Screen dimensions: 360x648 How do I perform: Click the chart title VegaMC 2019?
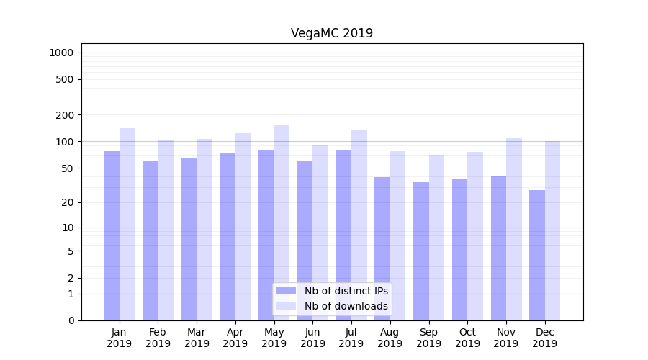(x=332, y=33)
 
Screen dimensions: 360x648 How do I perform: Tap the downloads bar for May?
(x=282, y=222)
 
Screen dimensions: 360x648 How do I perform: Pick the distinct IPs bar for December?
(x=537, y=255)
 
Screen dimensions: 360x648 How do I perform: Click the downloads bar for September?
(x=436, y=238)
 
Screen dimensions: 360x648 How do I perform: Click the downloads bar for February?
(x=166, y=230)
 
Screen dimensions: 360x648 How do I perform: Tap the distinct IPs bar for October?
(x=459, y=249)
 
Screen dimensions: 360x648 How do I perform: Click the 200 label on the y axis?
(x=66, y=115)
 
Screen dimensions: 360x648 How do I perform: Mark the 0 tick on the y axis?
(x=71, y=320)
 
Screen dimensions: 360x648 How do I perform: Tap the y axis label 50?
(x=68, y=168)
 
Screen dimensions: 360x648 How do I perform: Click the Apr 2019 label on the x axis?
(x=235, y=338)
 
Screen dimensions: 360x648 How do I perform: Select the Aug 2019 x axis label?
(x=390, y=338)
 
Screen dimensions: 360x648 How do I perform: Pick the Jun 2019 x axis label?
(x=312, y=338)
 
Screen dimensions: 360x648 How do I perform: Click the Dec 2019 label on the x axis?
(x=545, y=338)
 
